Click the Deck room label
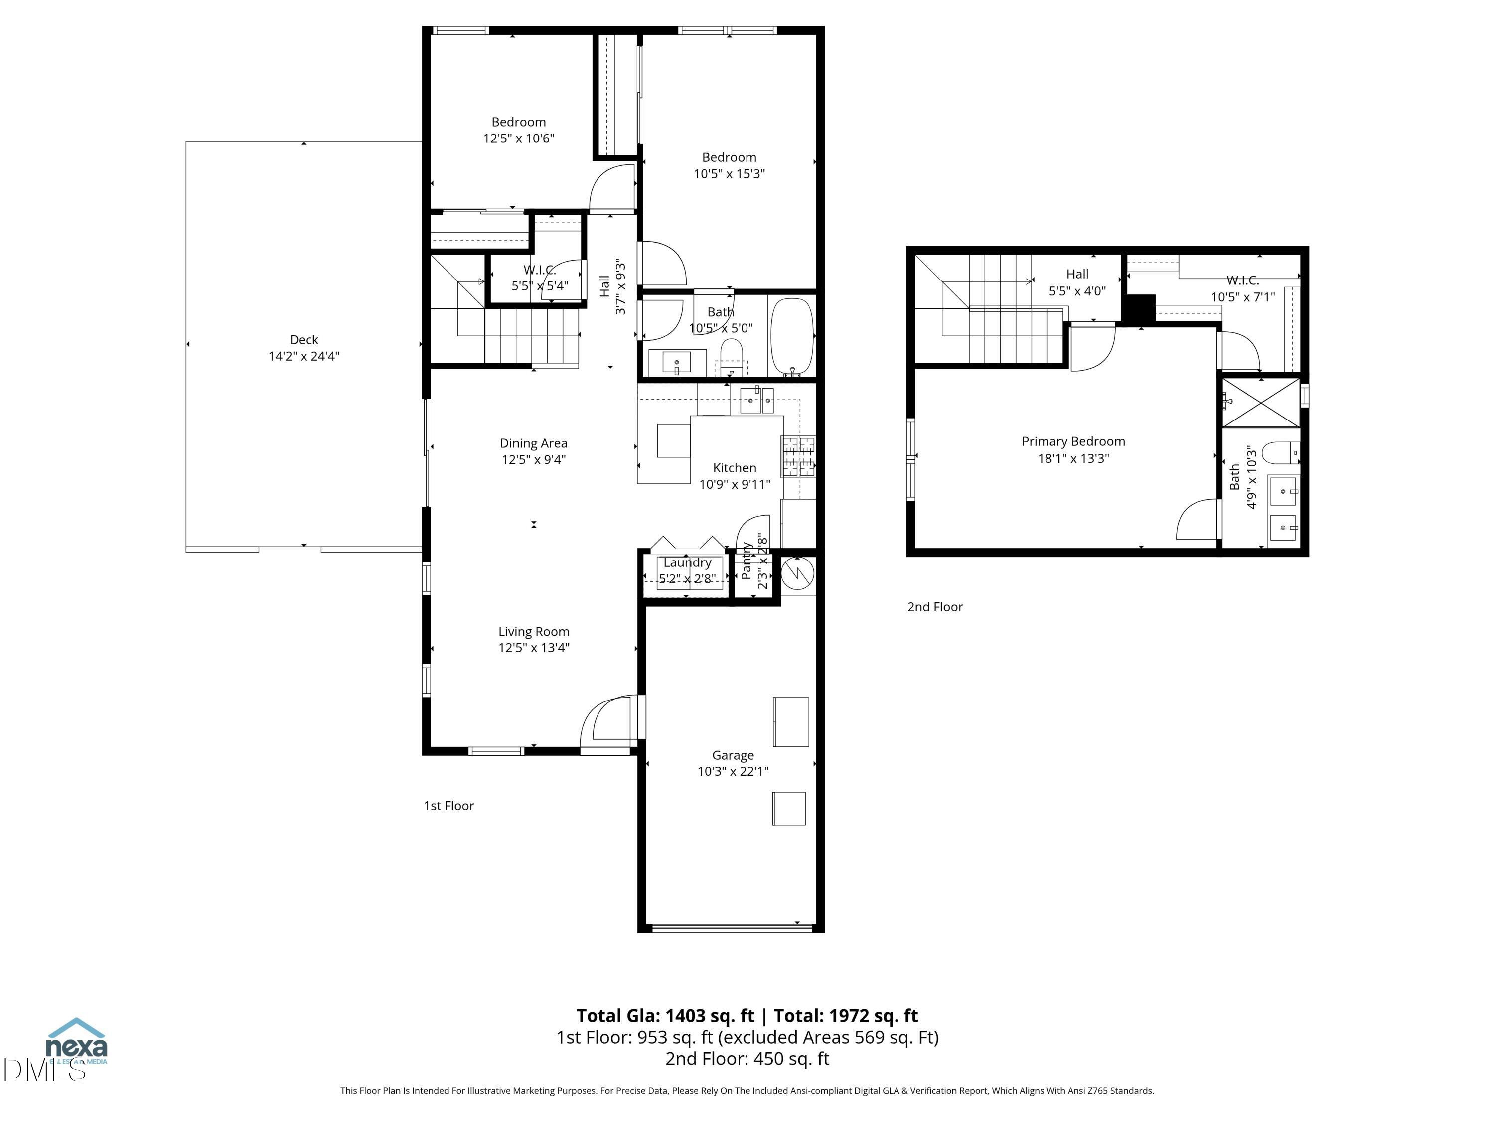click(303, 340)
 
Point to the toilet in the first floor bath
click(731, 356)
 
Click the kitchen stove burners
click(798, 457)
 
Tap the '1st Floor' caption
click(449, 806)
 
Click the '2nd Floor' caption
click(935, 607)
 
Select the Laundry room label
click(687, 562)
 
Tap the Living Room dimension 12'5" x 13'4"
click(533, 647)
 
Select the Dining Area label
click(533, 443)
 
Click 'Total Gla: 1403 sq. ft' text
click(665, 1015)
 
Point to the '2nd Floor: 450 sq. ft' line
click(747, 1059)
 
